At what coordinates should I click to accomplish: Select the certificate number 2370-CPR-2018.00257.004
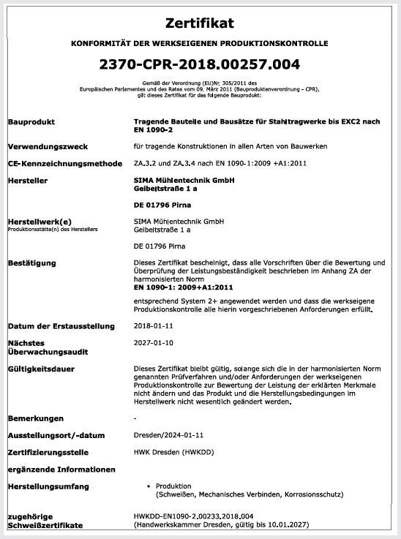click(200, 65)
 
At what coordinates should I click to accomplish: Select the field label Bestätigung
click(33, 262)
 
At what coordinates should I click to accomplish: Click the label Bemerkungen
click(35, 418)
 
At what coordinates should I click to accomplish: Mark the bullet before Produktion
click(149, 486)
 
